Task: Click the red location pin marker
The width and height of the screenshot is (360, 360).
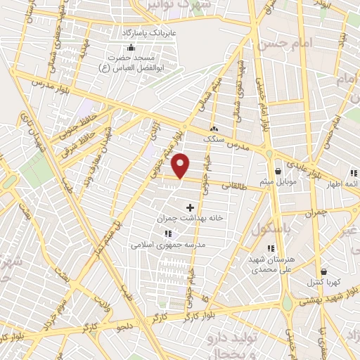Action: point(181,166)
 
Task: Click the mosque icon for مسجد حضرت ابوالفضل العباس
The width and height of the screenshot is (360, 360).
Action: point(131,47)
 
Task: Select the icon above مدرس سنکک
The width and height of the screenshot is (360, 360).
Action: point(214,129)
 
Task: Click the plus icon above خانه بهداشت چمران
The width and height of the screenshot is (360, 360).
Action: point(190,207)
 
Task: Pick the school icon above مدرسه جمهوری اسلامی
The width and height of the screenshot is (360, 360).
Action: point(167,233)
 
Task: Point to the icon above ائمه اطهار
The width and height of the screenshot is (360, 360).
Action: point(352,173)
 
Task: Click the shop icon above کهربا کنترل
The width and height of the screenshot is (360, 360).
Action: point(323,271)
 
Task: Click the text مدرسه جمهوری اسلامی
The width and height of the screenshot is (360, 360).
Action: point(167,245)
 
